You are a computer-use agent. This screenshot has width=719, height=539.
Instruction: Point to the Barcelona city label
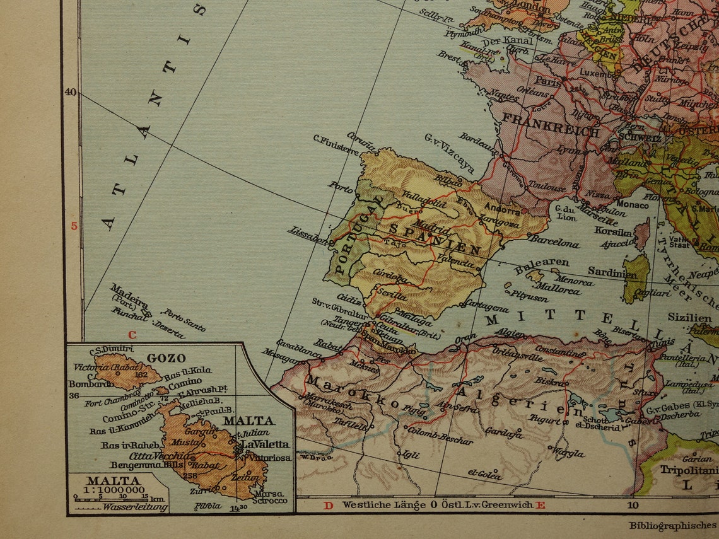click(554, 241)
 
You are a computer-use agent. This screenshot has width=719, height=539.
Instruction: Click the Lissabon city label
click(308, 235)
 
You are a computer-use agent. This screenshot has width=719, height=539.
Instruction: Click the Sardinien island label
click(612, 272)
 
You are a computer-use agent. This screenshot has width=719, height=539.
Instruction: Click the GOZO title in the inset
click(166, 358)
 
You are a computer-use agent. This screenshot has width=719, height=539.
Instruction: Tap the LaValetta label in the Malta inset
click(265, 444)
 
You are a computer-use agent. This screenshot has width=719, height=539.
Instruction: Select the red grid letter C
click(132, 335)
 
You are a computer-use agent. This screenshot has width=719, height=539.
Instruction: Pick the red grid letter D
click(328, 505)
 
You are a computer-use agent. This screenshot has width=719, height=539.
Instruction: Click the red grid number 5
click(74, 226)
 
